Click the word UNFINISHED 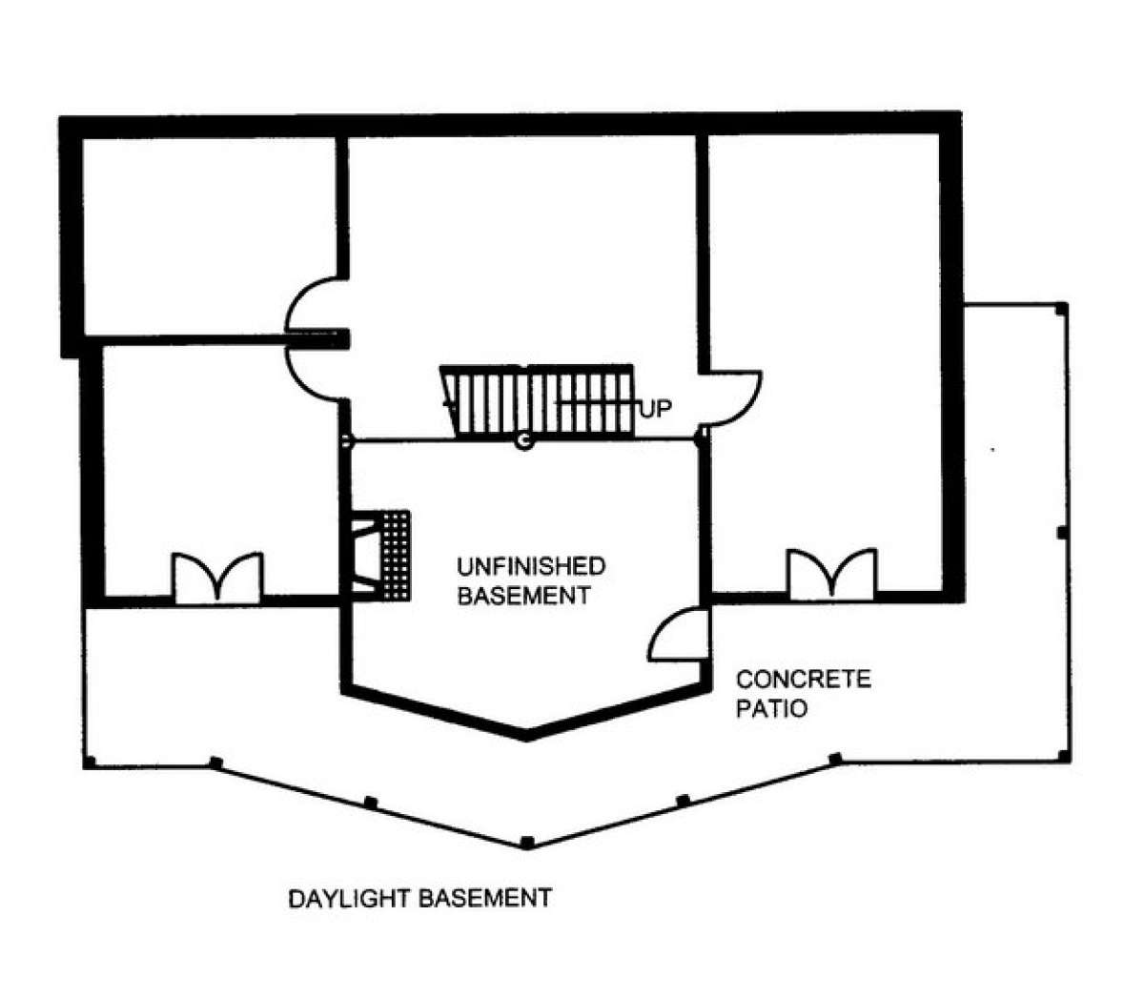[531, 567]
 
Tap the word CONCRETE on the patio [804, 680]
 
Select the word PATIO [771, 708]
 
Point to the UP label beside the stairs [655, 410]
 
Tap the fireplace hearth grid [397, 556]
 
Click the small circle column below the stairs [524, 441]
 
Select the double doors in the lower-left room [217, 578]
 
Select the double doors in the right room [831, 575]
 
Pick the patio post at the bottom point [526, 843]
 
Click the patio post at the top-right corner [1061, 309]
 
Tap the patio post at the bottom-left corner [90, 763]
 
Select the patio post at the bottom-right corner [1064, 757]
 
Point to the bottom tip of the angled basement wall [526, 740]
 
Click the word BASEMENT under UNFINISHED [524, 596]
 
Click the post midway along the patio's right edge [1062, 533]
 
